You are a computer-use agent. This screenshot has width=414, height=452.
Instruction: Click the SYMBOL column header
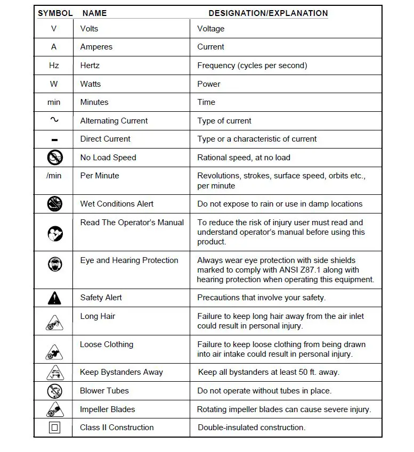[54, 13]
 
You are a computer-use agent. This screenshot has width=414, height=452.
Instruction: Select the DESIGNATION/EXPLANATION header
[268, 13]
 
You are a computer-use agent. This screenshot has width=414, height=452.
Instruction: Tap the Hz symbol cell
[54, 65]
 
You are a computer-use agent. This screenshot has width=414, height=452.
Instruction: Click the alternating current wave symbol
[54, 120]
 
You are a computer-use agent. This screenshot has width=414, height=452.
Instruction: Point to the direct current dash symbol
[54, 140]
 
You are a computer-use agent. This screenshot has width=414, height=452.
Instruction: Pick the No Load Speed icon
[54, 157]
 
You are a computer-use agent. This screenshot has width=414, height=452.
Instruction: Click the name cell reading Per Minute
[100, 175]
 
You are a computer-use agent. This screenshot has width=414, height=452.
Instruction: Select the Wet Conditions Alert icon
[54, 203]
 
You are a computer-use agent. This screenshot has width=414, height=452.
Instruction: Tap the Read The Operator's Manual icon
[54, 233]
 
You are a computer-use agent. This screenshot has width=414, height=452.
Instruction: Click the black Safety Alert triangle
[54, 298]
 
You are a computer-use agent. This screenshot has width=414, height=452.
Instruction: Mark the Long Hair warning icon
[54, 322]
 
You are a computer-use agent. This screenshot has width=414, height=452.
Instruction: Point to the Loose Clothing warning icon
[54, 350]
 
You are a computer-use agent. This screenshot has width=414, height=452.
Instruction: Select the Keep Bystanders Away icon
[54, 373]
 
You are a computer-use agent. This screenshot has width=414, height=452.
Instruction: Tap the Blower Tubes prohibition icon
[54, 391]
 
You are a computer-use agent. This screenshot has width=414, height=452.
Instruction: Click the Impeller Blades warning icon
[54, 409]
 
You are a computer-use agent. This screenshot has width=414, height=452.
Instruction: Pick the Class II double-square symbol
[54, 428]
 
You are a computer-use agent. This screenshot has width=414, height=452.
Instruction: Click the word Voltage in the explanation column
[211, 29]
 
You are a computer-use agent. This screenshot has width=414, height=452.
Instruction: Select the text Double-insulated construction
[251, 428]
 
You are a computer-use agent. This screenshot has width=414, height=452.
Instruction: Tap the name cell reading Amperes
[96, 47]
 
